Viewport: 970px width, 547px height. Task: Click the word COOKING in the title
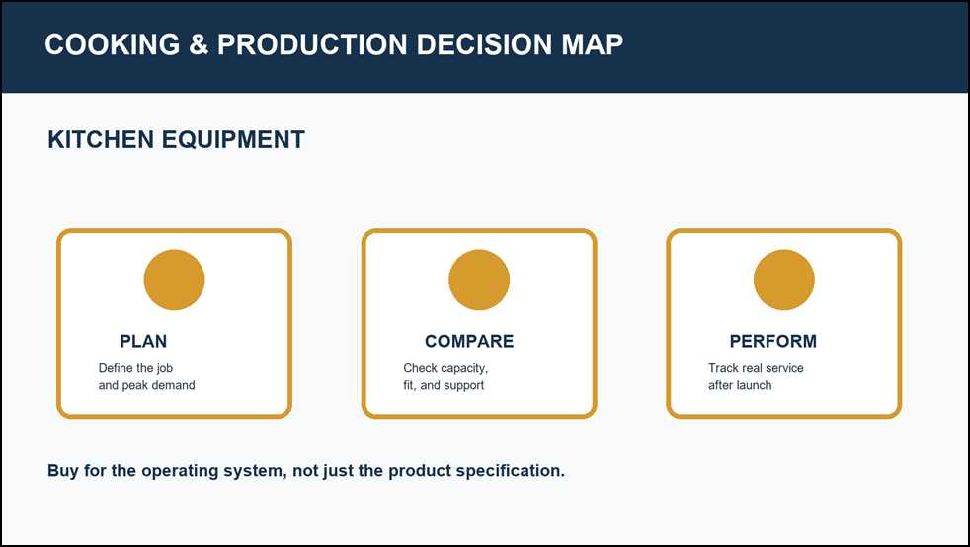(x=112, y=44)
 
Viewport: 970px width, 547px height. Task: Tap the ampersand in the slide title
(x=199, y=44)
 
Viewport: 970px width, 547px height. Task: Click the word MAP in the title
(x=593, y=44)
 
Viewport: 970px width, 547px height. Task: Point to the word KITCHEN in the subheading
(x=101, y=139)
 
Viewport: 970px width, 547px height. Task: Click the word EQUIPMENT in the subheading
(x=233, y=139)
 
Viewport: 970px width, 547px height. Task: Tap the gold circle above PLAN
(x=175, y=279)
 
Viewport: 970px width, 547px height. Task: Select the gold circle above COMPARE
(x=479, y=279)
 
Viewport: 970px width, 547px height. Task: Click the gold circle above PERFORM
(x=784, y=279)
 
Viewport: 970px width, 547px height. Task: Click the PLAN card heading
(x=143, y=342)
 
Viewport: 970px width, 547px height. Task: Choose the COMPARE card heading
(x=469, y=342)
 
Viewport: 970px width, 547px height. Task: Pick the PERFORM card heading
(x=773, y=342)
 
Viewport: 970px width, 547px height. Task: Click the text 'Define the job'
(x=135, y=368)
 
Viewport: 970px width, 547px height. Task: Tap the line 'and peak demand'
(x=146, y=385)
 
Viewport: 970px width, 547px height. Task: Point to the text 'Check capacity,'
(x=445, y=368)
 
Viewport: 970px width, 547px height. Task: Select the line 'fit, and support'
(x=444, y=385)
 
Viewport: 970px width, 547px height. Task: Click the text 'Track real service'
(x=756, y=368)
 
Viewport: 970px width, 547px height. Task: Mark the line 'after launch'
(x=740, y=385)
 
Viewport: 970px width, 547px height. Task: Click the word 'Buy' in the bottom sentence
(x=63, y=471)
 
